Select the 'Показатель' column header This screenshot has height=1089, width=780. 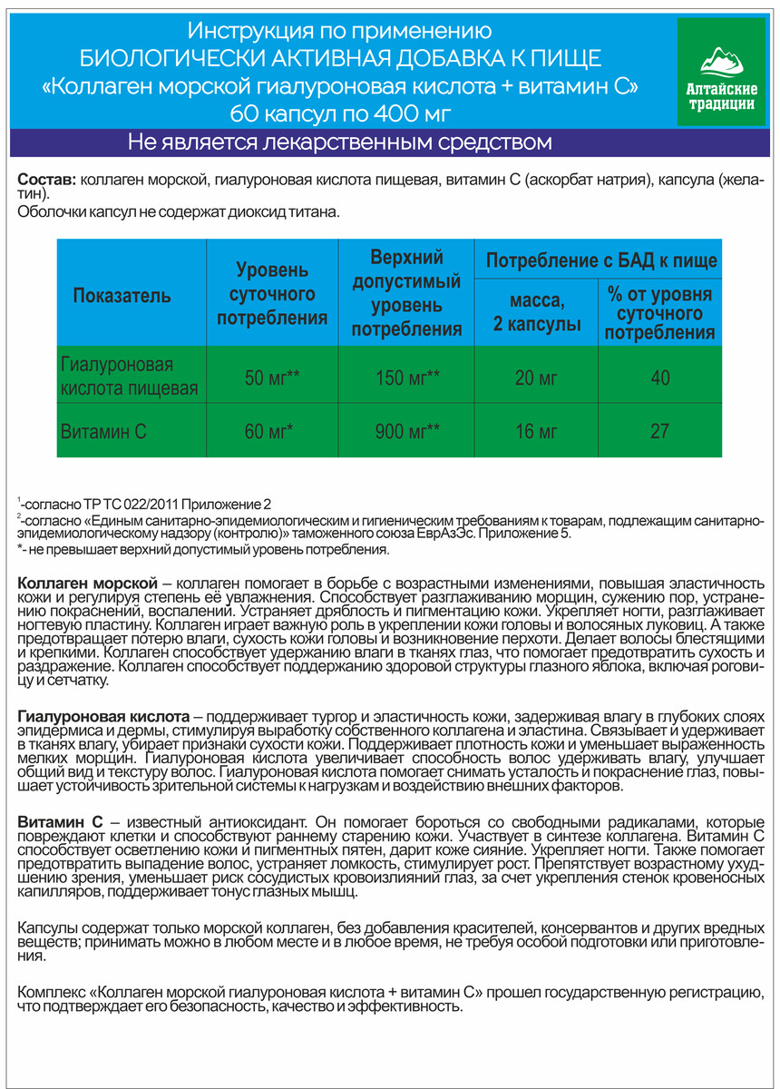(122, 295)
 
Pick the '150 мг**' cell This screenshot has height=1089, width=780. (407, 378)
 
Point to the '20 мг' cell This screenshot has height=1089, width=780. (536, 378)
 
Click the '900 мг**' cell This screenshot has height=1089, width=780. (407, 432)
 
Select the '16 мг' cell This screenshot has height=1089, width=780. (536, 432)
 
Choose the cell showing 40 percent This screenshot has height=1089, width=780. (659, 378)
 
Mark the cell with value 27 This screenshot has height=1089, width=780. (659, 432)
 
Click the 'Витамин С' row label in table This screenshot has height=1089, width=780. (102, 432)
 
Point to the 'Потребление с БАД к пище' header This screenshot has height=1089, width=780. (601, 261)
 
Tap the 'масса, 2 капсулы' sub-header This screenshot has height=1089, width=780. (536, 310)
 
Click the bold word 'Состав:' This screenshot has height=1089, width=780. (47, 181)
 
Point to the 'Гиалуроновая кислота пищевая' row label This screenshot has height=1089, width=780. (116, 378)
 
